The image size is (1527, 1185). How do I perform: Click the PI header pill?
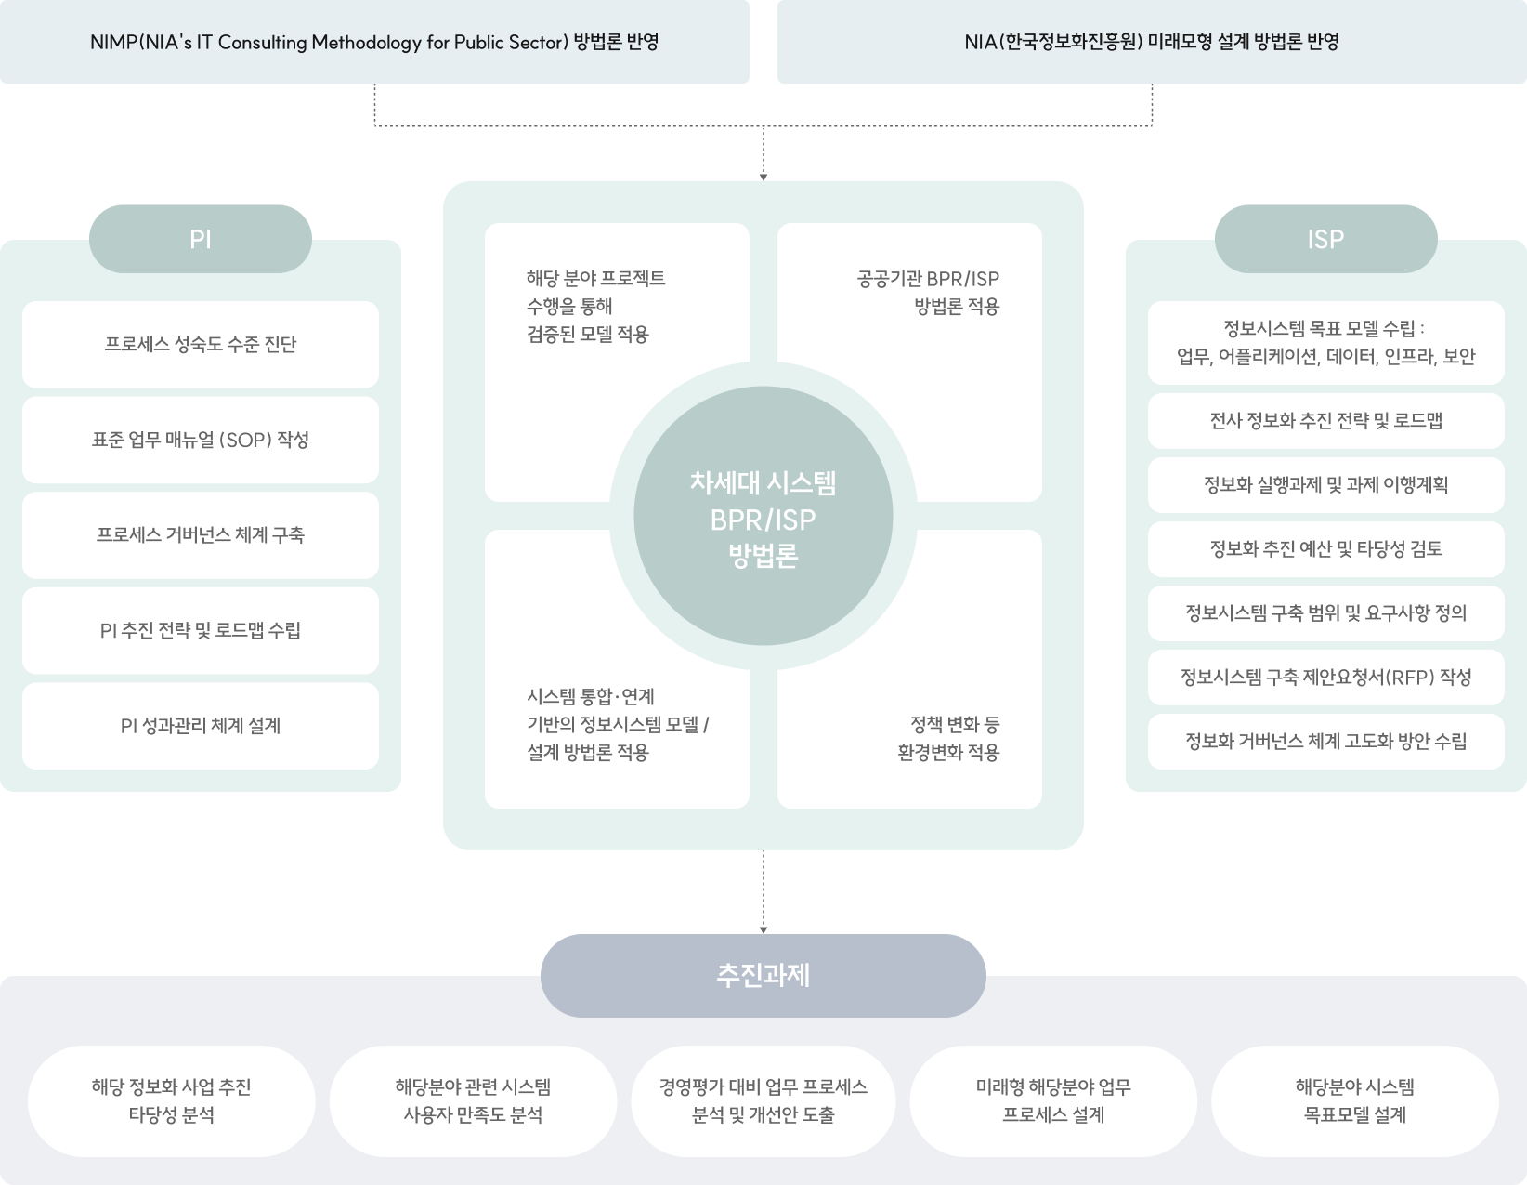pos(201,239)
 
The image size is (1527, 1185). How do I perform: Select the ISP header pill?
pos(1326,239)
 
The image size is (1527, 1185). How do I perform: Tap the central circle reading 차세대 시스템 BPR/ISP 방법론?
pos(763,516)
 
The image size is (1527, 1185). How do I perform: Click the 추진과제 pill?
pos(763,976)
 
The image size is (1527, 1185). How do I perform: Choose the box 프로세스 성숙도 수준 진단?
pos(201,345)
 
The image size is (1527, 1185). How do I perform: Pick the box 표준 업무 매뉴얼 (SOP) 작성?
pos(201,440)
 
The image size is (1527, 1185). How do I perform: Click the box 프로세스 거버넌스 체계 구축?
pos(201,534)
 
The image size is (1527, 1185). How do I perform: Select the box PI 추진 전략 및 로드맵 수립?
pos(201,630)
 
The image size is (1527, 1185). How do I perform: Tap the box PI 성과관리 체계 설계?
pos(201,726)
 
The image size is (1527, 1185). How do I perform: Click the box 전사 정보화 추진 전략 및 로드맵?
pos(1326,421)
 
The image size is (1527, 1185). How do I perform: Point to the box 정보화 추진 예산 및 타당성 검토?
pos(1326,549)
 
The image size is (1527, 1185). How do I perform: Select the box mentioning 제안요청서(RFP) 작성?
pos(1326,678)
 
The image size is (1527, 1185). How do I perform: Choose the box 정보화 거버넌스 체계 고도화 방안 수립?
pos(1326,742)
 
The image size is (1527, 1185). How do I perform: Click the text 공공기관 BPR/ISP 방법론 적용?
pos(928,293)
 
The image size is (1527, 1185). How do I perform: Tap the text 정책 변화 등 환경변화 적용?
pos(948,738)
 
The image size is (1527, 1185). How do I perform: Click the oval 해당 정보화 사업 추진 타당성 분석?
pos(172,1101)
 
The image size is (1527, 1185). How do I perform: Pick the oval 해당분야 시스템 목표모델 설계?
pos(1355,1101)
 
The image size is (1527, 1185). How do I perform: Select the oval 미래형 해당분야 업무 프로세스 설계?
pos(1053,1101)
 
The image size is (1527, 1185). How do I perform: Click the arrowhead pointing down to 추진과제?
pos(763,929)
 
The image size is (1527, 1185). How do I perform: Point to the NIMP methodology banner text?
pos(374,42)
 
